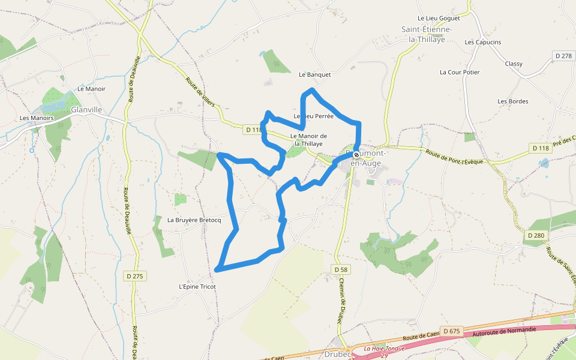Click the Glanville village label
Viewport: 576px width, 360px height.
[87, 110]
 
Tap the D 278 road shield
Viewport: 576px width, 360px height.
[563, 56]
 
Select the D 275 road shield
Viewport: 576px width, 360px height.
[136, 276]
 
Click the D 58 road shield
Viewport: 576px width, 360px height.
[341, 270]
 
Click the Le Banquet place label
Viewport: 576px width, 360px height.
[315, 75]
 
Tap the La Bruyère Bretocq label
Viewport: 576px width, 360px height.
[194, 220]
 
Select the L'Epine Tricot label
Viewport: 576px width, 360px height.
[197, 287]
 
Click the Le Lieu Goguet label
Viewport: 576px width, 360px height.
[438, 19]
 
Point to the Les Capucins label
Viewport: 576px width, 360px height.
[483, 43]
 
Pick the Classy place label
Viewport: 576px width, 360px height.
[514, 64]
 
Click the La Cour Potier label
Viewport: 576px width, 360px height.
[460, 73]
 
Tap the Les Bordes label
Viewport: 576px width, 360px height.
[513, 101]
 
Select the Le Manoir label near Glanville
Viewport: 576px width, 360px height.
[91, 89]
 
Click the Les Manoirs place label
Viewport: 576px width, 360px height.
[37, 118]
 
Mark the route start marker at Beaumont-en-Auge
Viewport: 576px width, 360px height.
[356, 155]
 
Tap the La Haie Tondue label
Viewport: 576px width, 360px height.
[385, 348]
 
